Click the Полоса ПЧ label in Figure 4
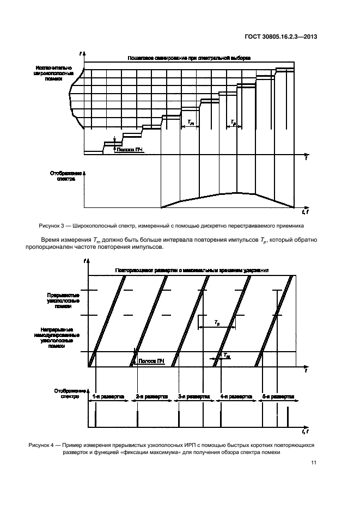tap(152, 361)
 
